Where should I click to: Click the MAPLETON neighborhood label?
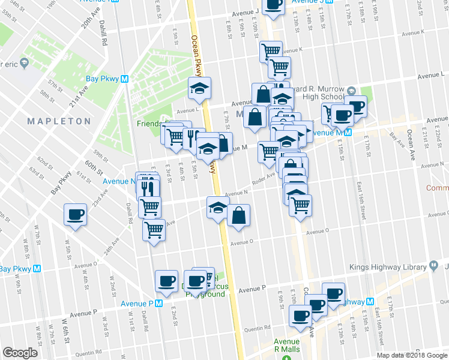[x=59, y=121]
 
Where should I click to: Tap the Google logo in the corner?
[x=20, y=353]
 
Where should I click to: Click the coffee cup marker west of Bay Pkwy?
[x=76, y=214]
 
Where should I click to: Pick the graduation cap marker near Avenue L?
[x=199, y=89]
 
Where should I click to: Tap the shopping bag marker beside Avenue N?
[x=239, y=215]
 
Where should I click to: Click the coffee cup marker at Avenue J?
[x=274, y=4]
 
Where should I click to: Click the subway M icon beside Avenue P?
[x=158, y=303]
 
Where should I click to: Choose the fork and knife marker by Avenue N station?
[x=148, y=187]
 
